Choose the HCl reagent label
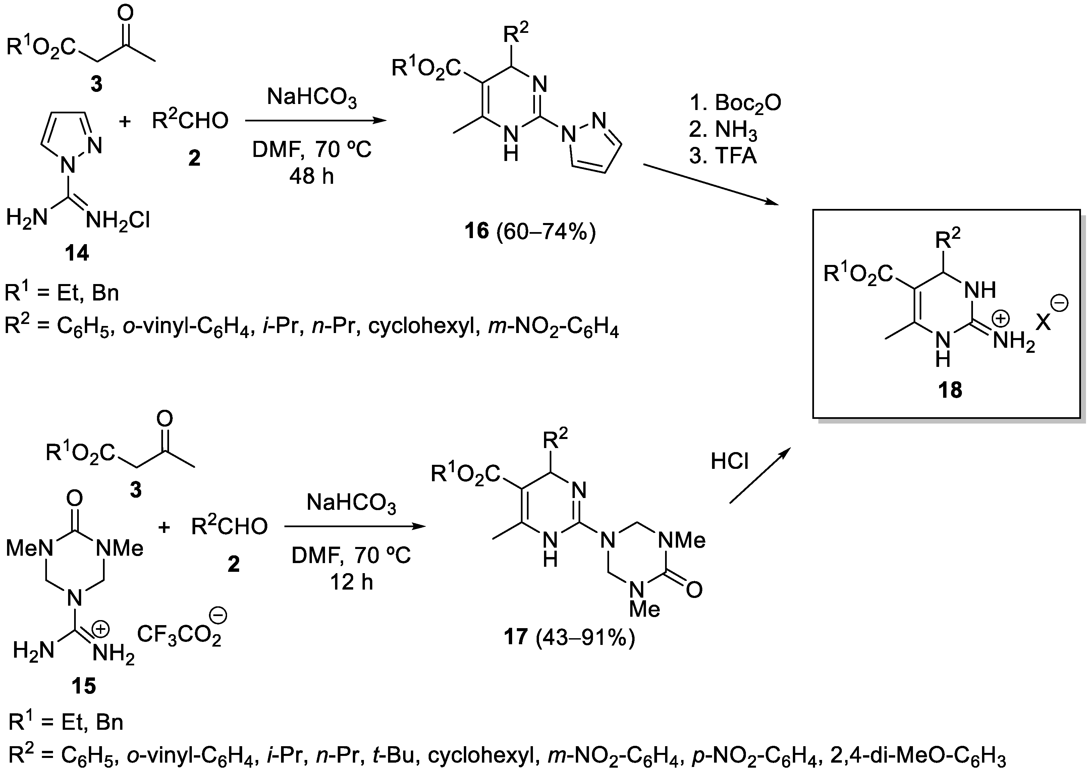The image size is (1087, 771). [729, 460]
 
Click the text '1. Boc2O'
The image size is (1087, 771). [735, 103]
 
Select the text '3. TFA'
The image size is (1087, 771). [722, 155]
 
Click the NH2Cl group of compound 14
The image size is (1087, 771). [118, 220]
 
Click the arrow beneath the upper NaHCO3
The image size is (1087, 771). [316, 121]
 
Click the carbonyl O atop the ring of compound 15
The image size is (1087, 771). [74, 498]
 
